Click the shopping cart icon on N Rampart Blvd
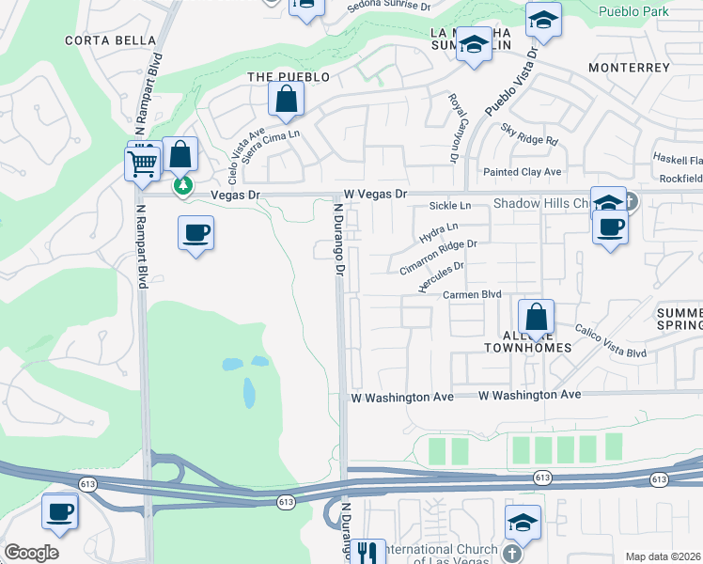(142, 164)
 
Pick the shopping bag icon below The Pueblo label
(286, 100)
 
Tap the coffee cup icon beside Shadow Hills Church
(610, 227)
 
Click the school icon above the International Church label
(523, 522)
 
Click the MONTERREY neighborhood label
(629, 68)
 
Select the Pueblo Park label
(633, 11)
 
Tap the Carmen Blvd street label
(473, 294)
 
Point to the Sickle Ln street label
(449, 206)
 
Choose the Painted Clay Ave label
(522, 172)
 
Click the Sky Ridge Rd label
(529, 134)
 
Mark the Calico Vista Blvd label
(611, 342)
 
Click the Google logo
(31, 553)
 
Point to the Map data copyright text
(664, 556)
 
